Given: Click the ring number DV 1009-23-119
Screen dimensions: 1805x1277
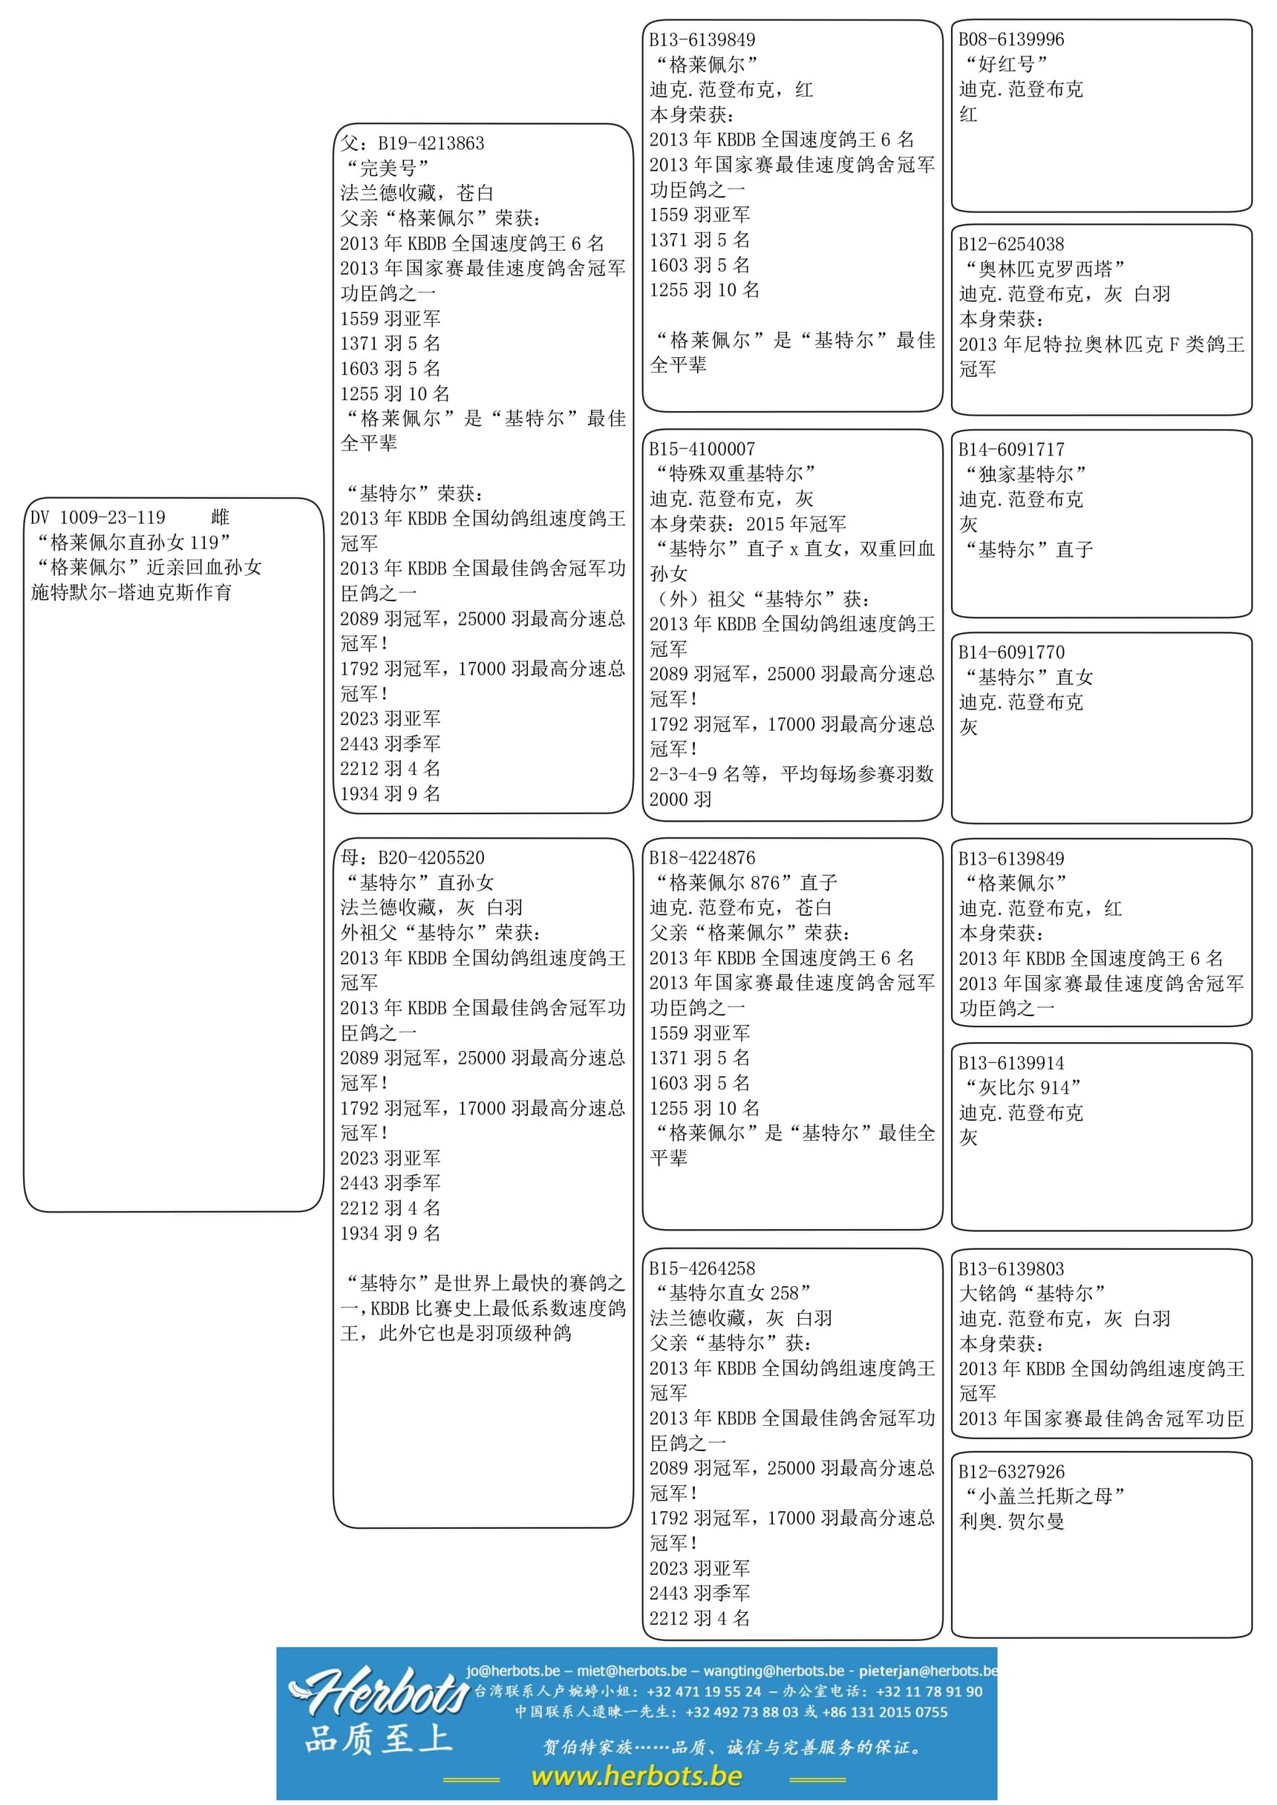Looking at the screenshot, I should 98,517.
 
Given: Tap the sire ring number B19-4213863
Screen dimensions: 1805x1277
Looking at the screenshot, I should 431,143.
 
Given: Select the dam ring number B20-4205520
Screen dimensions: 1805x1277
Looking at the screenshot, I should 431,858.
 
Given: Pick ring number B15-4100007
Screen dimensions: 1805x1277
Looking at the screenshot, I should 702,449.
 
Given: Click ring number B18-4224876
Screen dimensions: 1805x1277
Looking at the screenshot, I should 702,858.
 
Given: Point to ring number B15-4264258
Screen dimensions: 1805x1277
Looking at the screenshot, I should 702,1268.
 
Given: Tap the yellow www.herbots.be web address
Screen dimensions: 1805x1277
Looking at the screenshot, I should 636,1776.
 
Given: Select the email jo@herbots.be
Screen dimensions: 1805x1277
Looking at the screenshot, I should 513,1671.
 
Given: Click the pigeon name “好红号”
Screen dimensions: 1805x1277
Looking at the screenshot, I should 1007,65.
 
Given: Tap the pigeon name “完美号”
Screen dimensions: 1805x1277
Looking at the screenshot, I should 388,168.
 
